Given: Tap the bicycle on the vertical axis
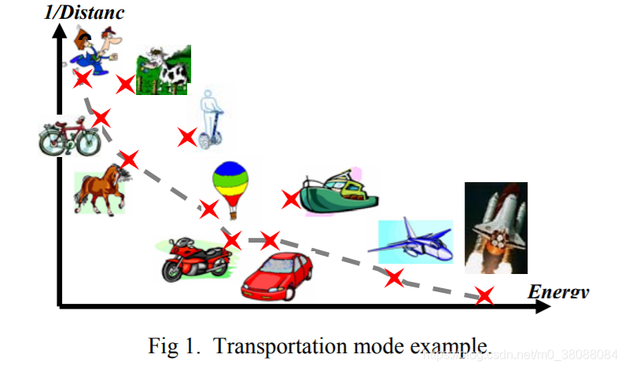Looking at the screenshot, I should (69, 136).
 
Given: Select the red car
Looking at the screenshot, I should (276, 276).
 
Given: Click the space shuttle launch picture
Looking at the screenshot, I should (495, 227).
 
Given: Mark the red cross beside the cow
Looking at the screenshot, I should (125, 83).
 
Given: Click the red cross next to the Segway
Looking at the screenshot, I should (186, 137).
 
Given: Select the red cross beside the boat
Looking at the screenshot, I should (291, 199).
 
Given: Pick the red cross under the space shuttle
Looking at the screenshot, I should (484, 296).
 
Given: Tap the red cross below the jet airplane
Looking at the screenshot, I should (393, 276).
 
